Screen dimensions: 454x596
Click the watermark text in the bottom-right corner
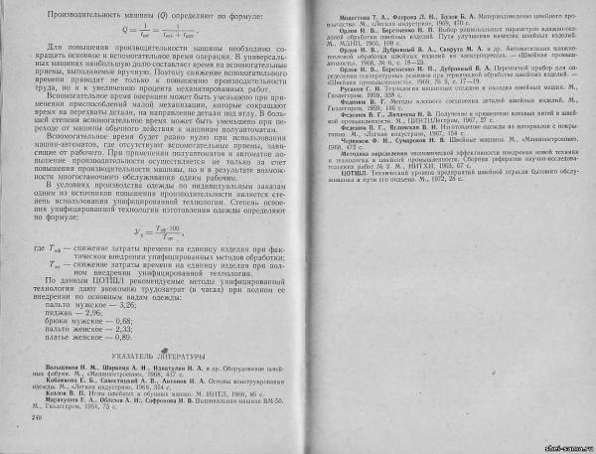click(x=564, y=445)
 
